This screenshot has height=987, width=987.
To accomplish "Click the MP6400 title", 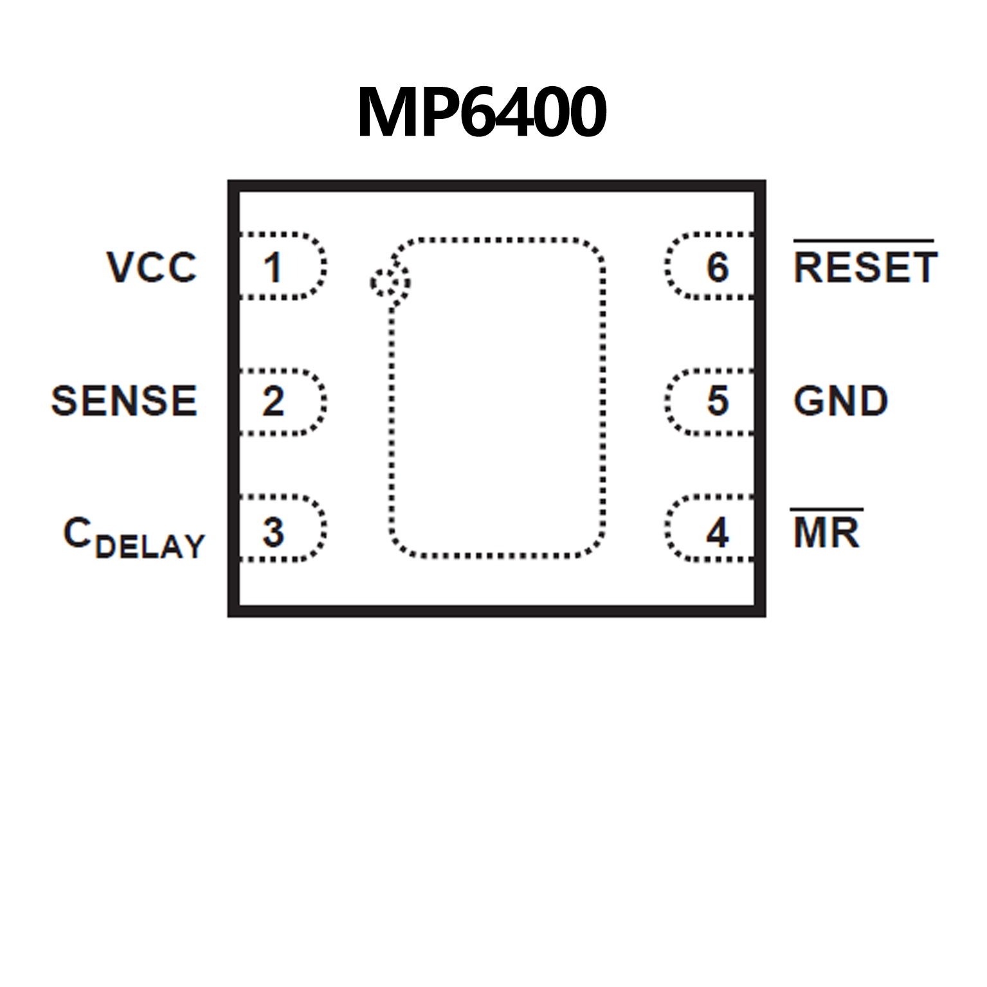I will [x=482, y=113].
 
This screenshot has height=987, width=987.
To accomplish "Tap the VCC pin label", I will [x=152, y=267].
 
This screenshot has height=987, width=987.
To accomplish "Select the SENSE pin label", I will [x=124, y=401].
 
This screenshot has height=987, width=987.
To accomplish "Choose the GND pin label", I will [x=840, y=401].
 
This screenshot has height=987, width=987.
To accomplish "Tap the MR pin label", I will [x=826, y=533].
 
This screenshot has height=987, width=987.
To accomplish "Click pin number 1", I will [x=273, y=267].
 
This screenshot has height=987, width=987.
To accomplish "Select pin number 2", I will [x=273, y=401].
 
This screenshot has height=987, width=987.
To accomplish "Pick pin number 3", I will [x=273, y=532].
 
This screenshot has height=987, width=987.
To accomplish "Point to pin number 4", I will [x=718, y=532].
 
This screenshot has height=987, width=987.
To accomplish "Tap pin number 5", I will [x=718, y=401].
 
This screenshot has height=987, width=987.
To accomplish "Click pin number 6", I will [x=718, y=267].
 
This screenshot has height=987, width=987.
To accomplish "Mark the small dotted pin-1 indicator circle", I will [x=390, y=282].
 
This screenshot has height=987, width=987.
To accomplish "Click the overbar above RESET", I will [x=864, y=241].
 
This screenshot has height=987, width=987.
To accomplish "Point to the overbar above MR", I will [x=826, y=510].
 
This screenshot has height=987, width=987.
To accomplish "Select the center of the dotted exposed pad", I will [x=497, y=397].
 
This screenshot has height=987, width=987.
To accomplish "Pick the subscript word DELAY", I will [x=150, y=547].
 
